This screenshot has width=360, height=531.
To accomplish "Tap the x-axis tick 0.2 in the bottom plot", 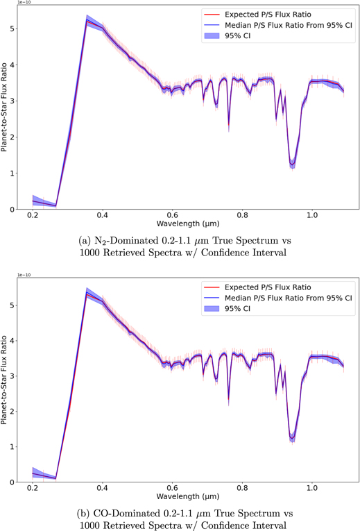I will [33, 489].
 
